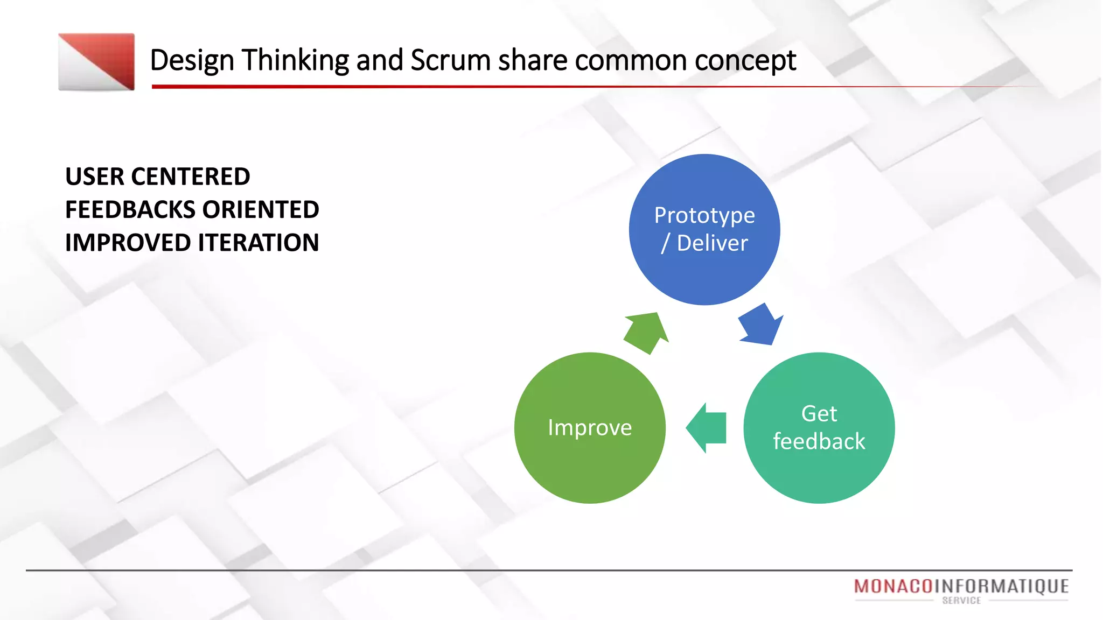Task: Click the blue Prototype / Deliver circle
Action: click(x=704, y=230)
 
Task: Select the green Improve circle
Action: click(x=590, y=428)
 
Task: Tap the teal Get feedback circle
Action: click(x=819, y=428)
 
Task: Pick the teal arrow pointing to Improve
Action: click(x=707, y=428)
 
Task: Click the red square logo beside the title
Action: click(x=96, y=62)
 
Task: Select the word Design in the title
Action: click(x=192, y=60)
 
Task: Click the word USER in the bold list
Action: click(x=94, y=177)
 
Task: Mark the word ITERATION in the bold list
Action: click(x=259, y=243)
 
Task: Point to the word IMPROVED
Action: click(x=128, y=243)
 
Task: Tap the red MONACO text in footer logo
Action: click(x=893, y=586)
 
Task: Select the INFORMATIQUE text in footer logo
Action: click(x=1001, y=586)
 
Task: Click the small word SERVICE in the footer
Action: click(x=961, y=601)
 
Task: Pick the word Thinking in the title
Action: click(x=295, y=60)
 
